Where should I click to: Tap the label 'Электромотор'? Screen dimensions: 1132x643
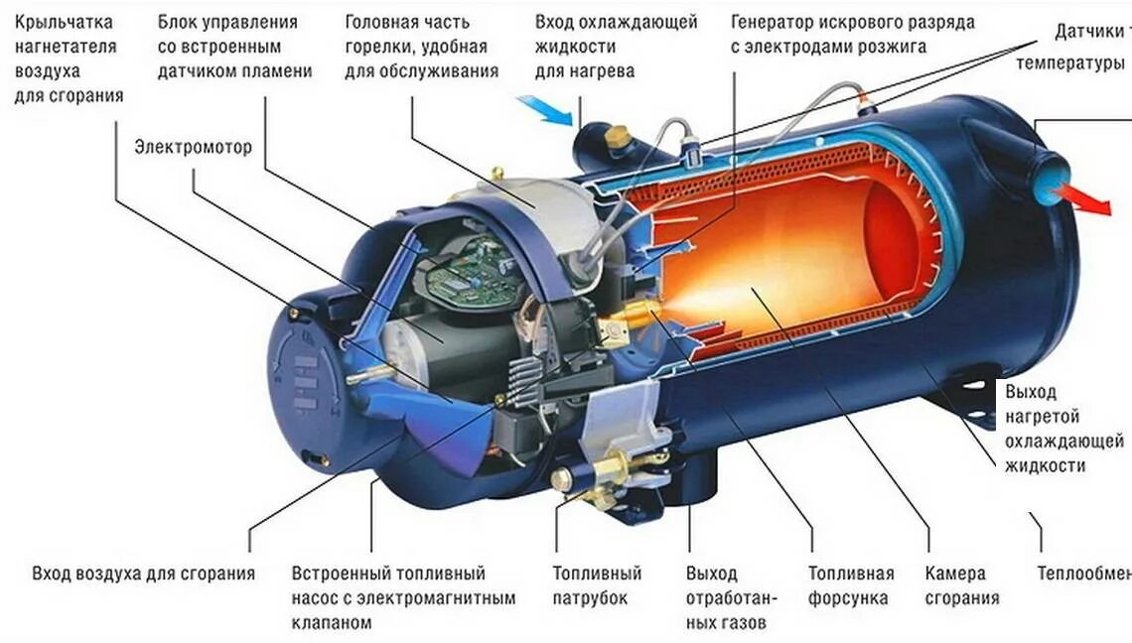(x=194, y=147)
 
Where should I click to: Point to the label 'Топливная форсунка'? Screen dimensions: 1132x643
(x=850, y=585)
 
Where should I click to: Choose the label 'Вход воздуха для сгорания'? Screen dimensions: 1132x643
(x=143, y=574)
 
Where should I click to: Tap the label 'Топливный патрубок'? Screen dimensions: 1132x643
(x=597, y=585)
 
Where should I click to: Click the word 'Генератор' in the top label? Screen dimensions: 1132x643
(x=780, y=22)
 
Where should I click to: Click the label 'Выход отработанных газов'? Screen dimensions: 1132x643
(x=726, y=598)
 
